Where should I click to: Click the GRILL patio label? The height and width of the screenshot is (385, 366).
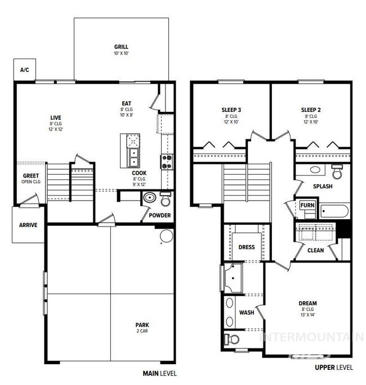[121, 47]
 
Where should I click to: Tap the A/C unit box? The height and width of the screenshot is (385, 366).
[24, 70]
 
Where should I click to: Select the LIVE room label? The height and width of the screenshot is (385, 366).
[55, 117]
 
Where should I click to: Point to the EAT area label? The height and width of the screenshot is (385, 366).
[127, 103]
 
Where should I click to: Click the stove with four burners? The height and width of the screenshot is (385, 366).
[167, 162]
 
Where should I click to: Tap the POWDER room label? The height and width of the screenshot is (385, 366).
[159, 214]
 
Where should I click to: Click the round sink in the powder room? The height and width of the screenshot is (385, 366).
[150, 198]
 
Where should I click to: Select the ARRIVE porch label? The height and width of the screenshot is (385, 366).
[28, 225]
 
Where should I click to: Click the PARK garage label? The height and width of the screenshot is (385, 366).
[142, 324]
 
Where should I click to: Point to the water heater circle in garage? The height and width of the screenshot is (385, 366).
[167, 235]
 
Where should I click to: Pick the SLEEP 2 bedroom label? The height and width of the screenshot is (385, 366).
[311, 110]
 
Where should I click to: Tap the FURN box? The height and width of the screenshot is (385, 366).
[307, 205]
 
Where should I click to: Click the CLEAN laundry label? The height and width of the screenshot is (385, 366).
[315, 250]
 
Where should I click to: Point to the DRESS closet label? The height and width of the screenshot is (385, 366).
[247, 247]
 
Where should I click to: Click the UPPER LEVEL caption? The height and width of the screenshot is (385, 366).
[334, 368]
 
